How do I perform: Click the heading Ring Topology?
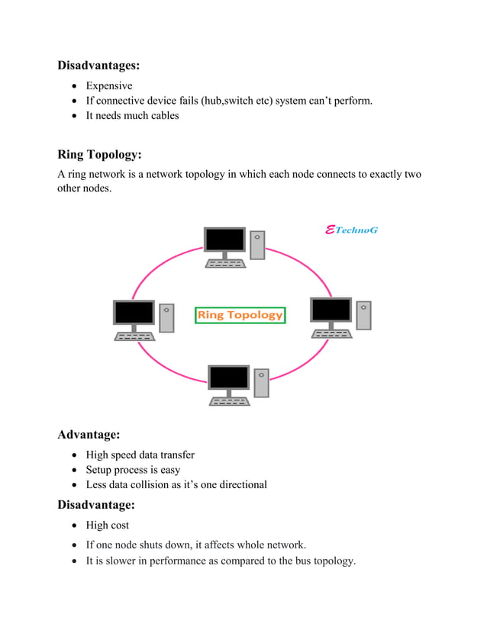tap(99, 155)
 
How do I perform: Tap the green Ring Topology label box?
tap(240, 314)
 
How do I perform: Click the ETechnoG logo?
tap(351, 230)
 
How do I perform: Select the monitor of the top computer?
tap(225, 241)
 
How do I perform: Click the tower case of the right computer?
tap(363, 315)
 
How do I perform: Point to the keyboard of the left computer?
tap(134, 336)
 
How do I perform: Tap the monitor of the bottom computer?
tap(229, 378)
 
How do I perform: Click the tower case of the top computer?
tap(257, 245)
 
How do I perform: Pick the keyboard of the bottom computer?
tap(229, 401)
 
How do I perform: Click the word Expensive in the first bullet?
tap(109, 85)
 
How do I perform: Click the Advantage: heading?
tap(89, 435)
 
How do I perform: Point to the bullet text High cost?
tap(108, 525)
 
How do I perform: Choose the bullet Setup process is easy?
tap(133, 470)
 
